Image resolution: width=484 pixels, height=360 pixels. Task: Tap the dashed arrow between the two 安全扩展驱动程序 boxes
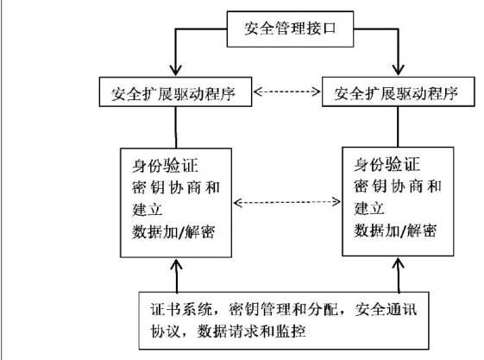286,92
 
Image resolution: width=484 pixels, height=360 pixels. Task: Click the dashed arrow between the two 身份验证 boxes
286,202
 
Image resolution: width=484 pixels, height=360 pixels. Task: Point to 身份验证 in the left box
165,166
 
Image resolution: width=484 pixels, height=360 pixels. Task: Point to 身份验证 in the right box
387,164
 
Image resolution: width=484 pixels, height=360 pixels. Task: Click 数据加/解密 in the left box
173,232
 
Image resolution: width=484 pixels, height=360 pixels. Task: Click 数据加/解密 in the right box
395,231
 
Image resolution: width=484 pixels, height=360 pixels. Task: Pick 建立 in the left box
148,209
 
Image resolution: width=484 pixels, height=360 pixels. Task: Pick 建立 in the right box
369,208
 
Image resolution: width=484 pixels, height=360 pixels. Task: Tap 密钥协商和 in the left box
176,187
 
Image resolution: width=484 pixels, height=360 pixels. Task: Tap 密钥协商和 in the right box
398,186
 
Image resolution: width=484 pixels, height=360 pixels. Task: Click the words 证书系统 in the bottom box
181,309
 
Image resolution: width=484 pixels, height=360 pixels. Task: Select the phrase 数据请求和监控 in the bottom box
251,332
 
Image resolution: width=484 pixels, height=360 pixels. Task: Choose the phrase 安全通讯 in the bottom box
386,309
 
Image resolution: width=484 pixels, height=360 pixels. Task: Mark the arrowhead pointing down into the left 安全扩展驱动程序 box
176,71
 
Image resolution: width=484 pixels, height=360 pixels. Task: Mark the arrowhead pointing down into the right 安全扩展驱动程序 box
398,70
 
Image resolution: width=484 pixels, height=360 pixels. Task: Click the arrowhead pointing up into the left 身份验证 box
176,265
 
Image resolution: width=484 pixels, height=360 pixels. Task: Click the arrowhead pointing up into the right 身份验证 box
399,263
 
